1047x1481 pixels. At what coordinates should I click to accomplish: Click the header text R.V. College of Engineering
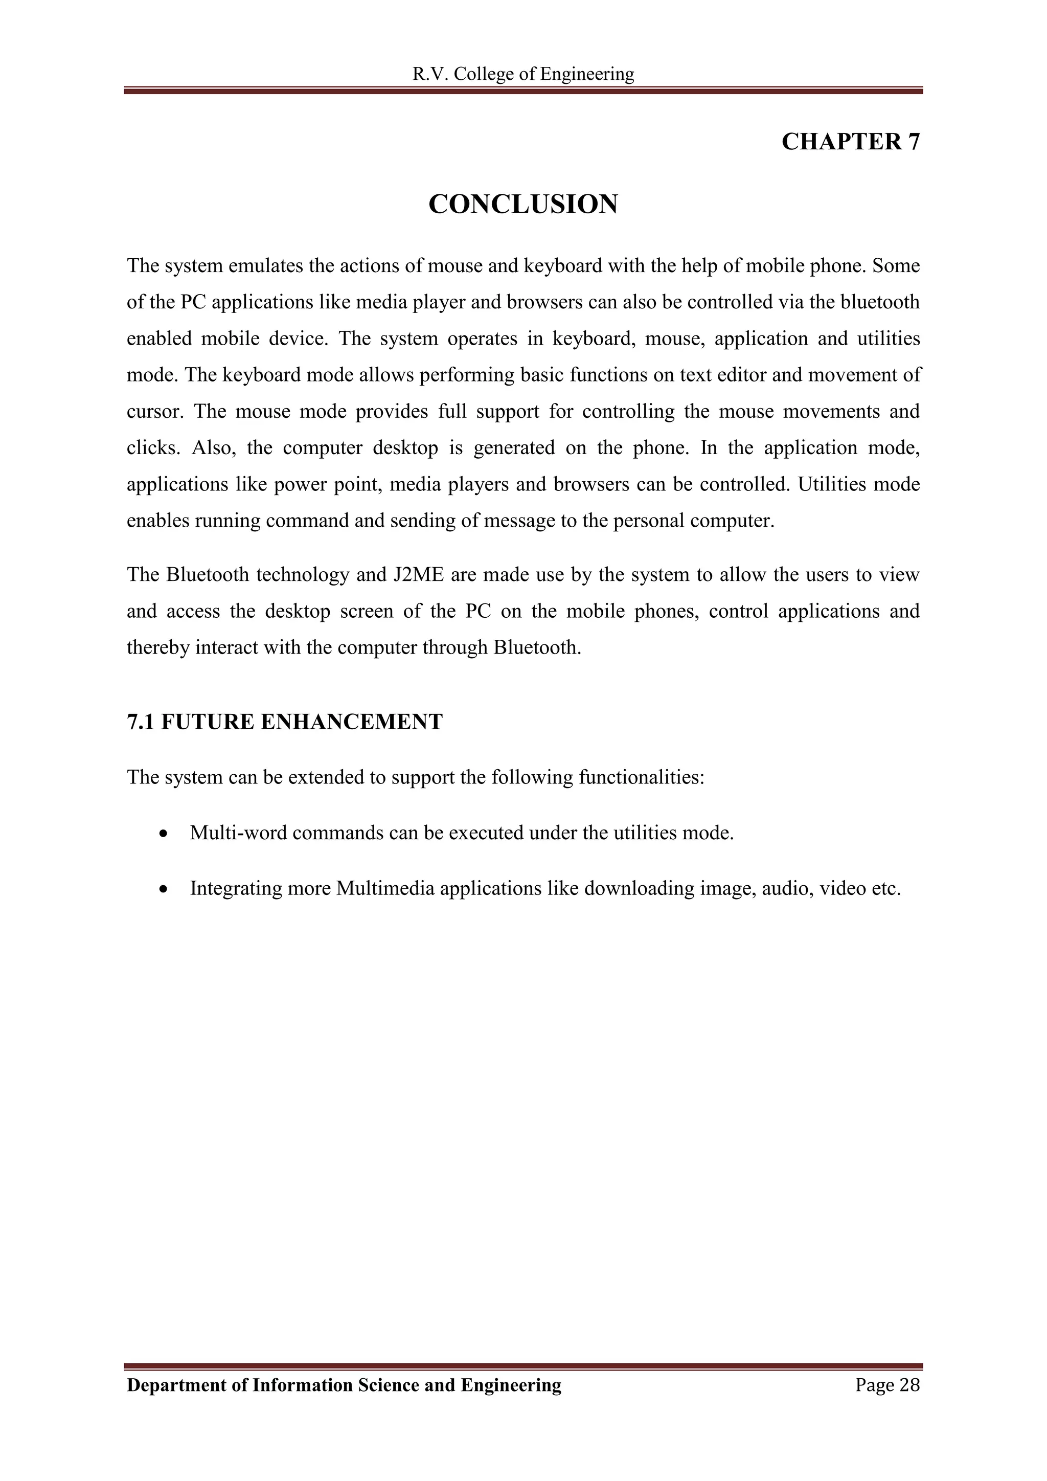point(523,74)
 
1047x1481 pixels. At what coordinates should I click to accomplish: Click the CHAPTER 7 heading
point(850,142)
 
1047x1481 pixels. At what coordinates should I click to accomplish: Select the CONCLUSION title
point(523,205)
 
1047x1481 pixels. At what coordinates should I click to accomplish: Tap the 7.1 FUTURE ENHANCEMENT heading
point(284,722)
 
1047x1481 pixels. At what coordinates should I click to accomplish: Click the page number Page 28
point(887,1385)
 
